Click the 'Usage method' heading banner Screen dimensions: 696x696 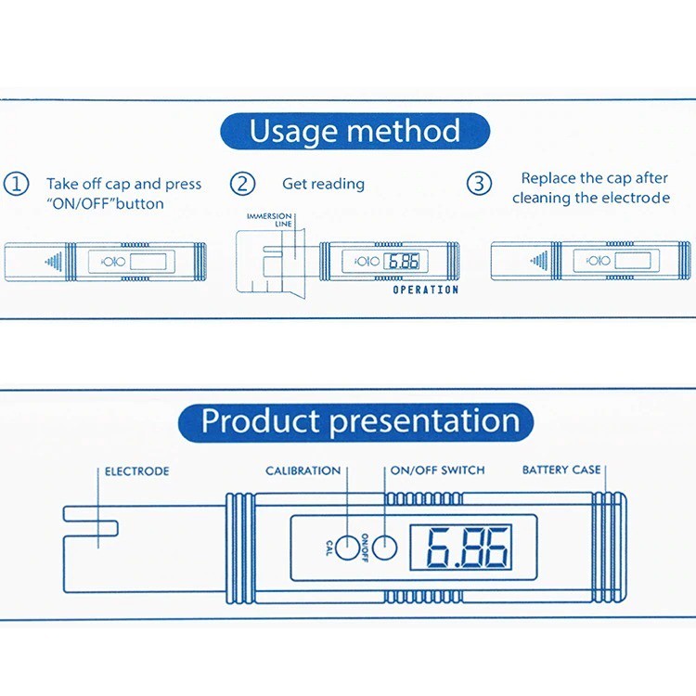tap(354, 131)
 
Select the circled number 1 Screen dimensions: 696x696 tap(17, 184)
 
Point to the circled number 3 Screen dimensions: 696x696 tap(478, 184)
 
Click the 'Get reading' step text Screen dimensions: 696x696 tap(323, 185)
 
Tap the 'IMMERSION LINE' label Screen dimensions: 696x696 tap(269, 220)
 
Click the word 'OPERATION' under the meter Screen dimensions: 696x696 tap(425, 290)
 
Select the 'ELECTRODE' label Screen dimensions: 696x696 tap(136, 471)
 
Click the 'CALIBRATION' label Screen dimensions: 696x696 tap(303, 470)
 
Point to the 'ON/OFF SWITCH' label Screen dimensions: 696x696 tap(437, 470)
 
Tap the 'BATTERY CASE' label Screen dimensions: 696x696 tap(561, 470)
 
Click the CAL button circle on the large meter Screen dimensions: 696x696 tap(345, 548)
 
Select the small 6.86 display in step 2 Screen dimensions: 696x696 tap(403, 262)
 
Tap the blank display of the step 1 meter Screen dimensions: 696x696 tap(147, 262)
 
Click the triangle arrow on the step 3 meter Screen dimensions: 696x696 tap(537, 262)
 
